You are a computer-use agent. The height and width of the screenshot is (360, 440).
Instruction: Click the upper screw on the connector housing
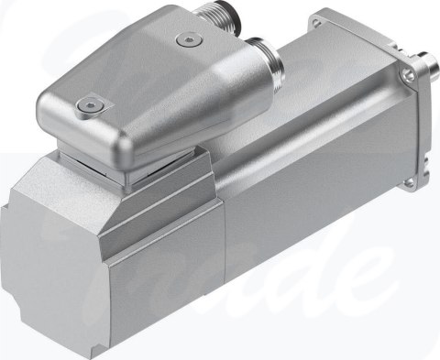click(188, 39)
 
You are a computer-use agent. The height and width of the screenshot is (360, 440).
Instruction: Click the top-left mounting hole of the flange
click(318, 16)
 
